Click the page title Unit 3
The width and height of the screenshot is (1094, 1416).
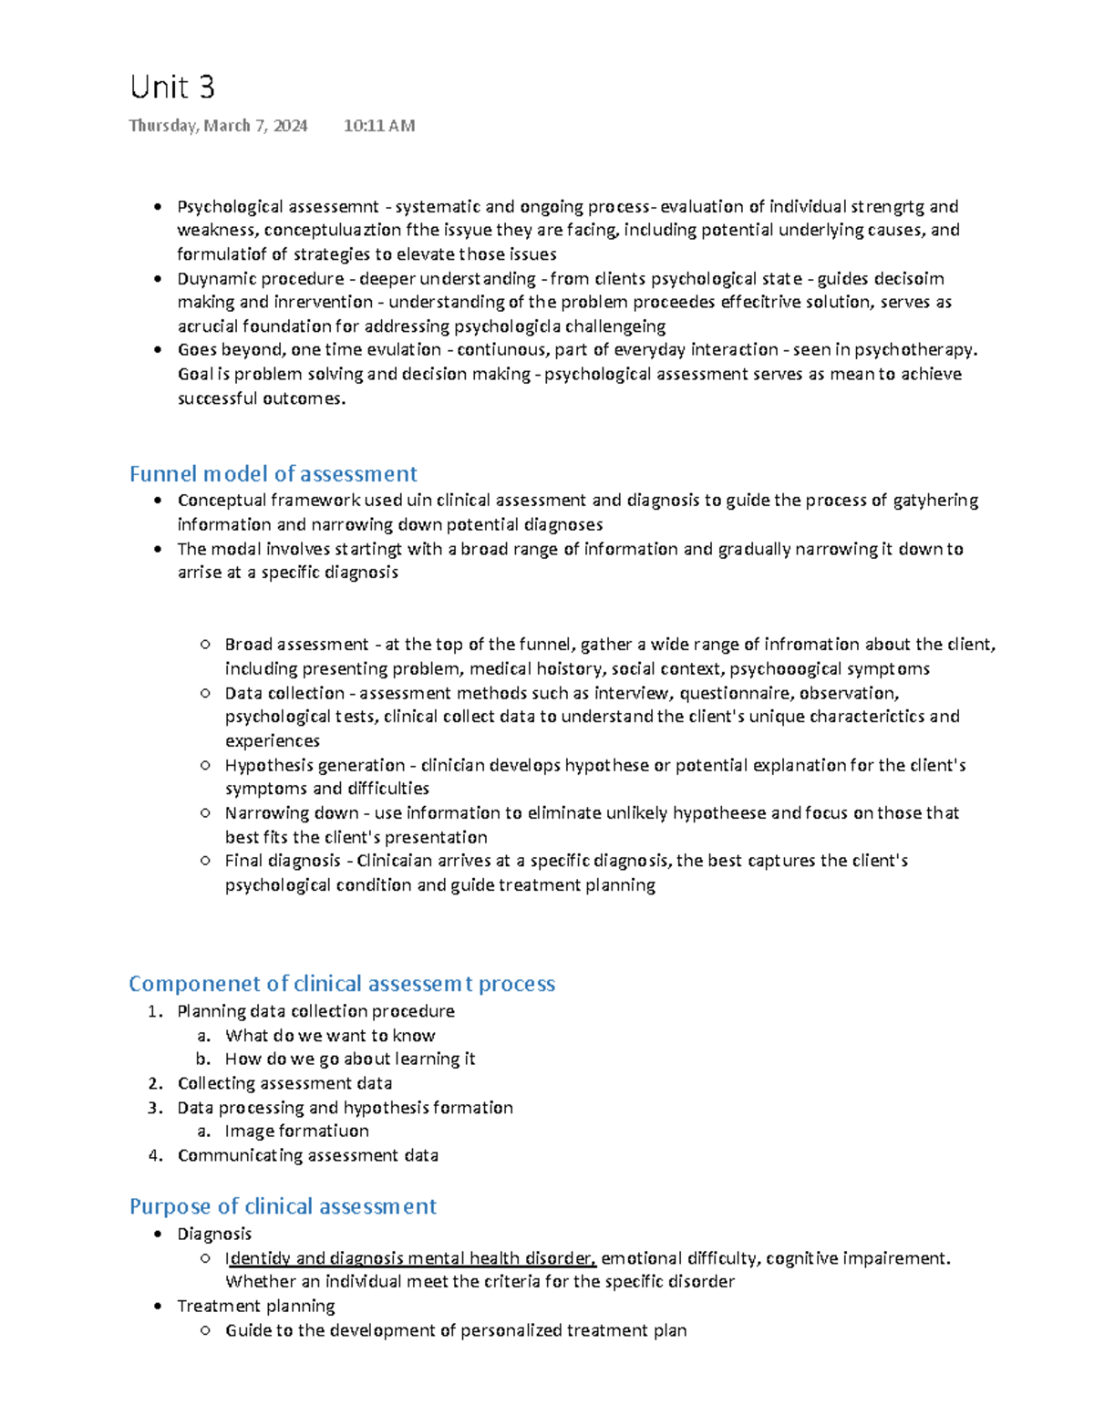coord(172,88)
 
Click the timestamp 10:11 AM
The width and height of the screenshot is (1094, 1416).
coord(379,126)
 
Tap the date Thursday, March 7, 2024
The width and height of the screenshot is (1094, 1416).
coord(218,126)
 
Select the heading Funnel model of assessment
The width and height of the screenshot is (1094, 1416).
coord(273,473)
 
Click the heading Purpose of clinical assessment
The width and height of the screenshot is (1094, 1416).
coord(283,1206)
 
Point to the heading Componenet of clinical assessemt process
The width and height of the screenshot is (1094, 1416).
coord(342,983)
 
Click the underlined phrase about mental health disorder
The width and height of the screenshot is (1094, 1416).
coord(410,1258)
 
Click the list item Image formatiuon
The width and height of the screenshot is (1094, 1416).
coord(296,1131)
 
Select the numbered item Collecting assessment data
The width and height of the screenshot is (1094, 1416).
coord(284,1083)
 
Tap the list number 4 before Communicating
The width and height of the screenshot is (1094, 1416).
coord(155,1155)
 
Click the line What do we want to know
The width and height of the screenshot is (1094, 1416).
coord(330,1035)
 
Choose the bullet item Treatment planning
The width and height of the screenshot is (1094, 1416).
coord(256,1306)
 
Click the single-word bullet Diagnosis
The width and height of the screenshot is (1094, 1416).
coord(214,1234)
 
